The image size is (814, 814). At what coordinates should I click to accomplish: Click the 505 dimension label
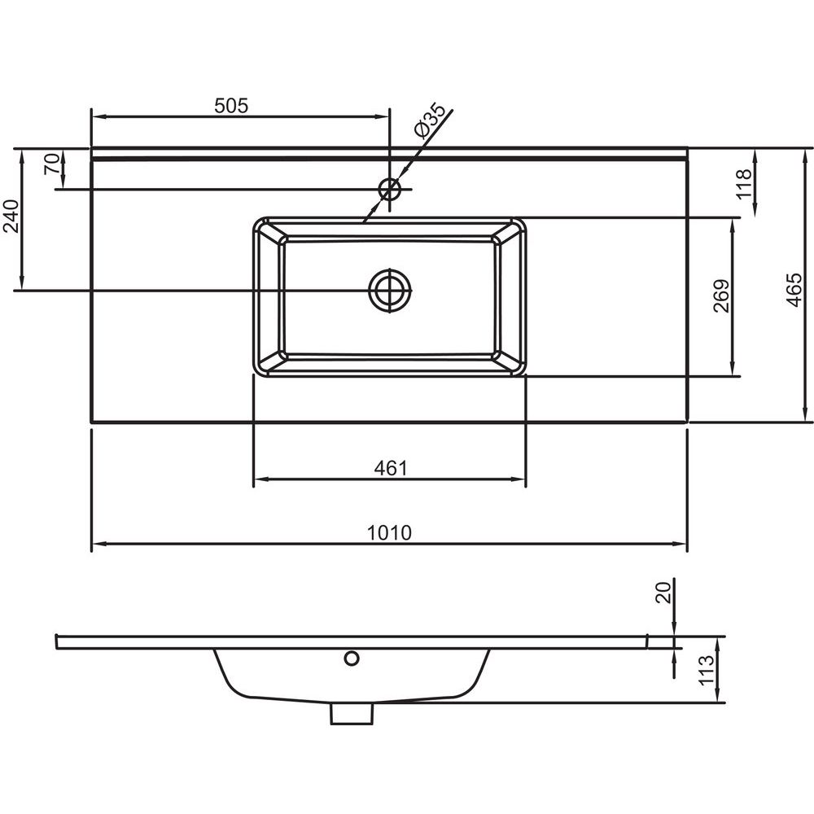(231, 105)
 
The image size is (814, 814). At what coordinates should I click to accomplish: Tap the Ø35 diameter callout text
(430, 120)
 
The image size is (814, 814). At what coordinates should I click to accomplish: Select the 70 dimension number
(52, 164)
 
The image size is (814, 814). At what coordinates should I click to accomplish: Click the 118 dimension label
(744, 184)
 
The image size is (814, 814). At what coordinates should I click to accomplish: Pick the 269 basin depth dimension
(721, 296)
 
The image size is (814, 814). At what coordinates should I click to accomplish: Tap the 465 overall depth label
(794, 290)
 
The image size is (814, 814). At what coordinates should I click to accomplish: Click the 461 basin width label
(391, 468)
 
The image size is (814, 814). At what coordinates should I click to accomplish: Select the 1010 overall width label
(389, 532)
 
